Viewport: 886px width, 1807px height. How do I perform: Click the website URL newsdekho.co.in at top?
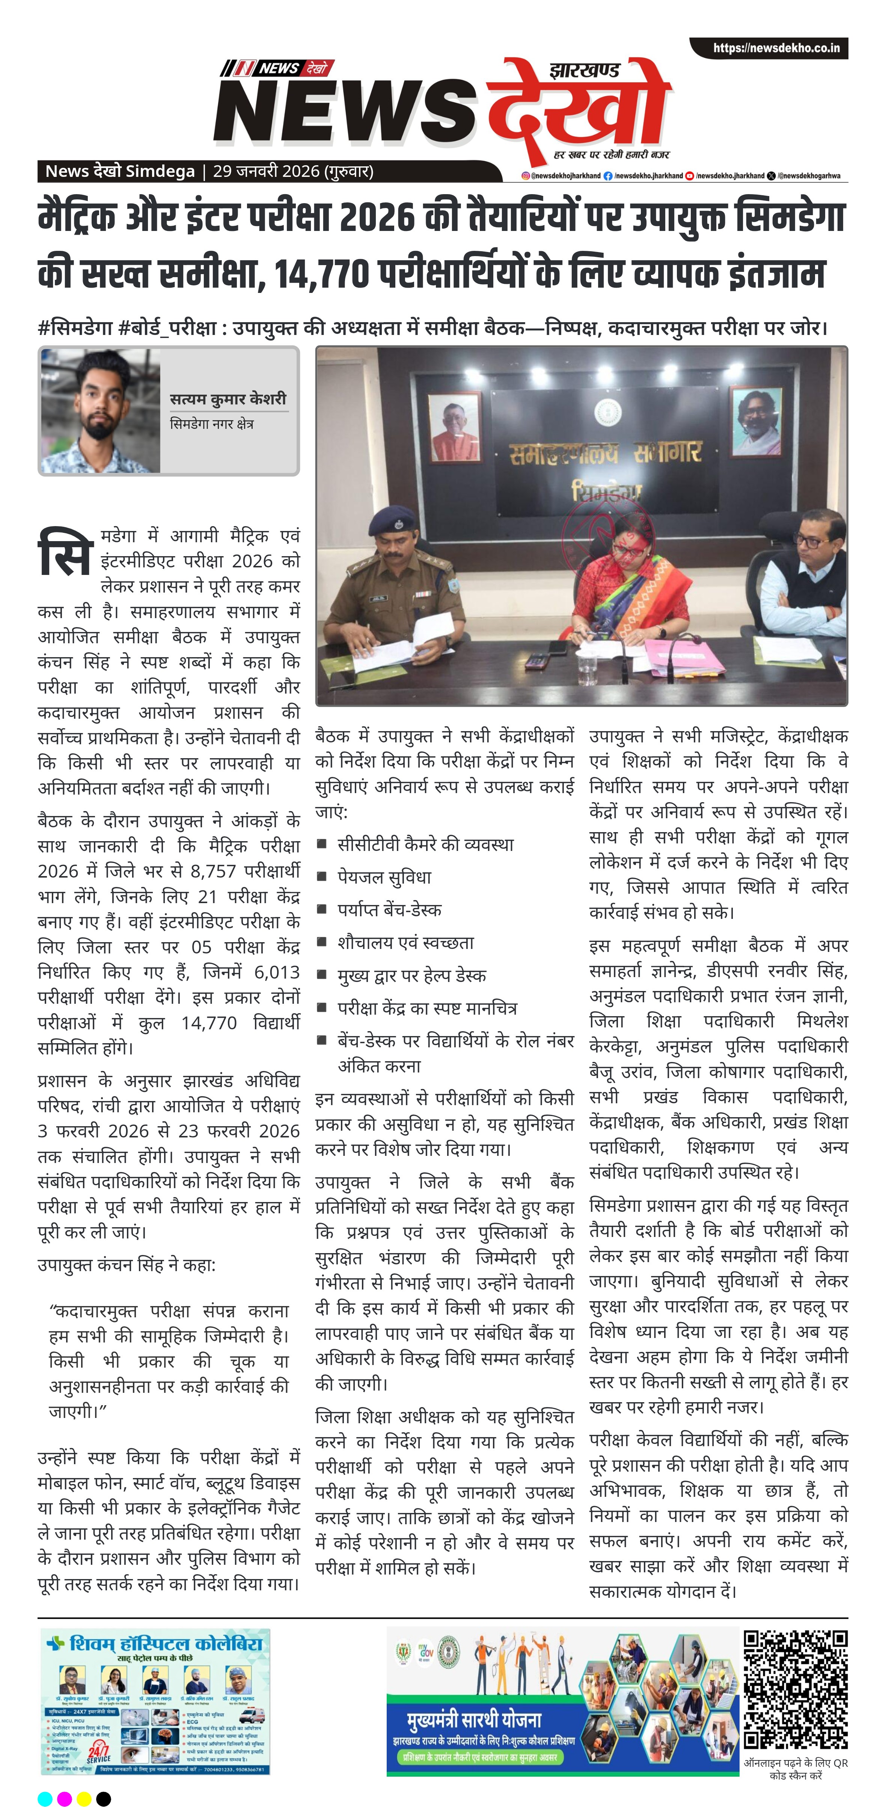pos(776,48)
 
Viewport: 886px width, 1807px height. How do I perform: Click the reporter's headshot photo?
pos(100,412)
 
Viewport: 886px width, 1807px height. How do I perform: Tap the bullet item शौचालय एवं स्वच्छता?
pos(405,943)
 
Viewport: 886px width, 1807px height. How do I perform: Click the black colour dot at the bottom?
pos(103,1799)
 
